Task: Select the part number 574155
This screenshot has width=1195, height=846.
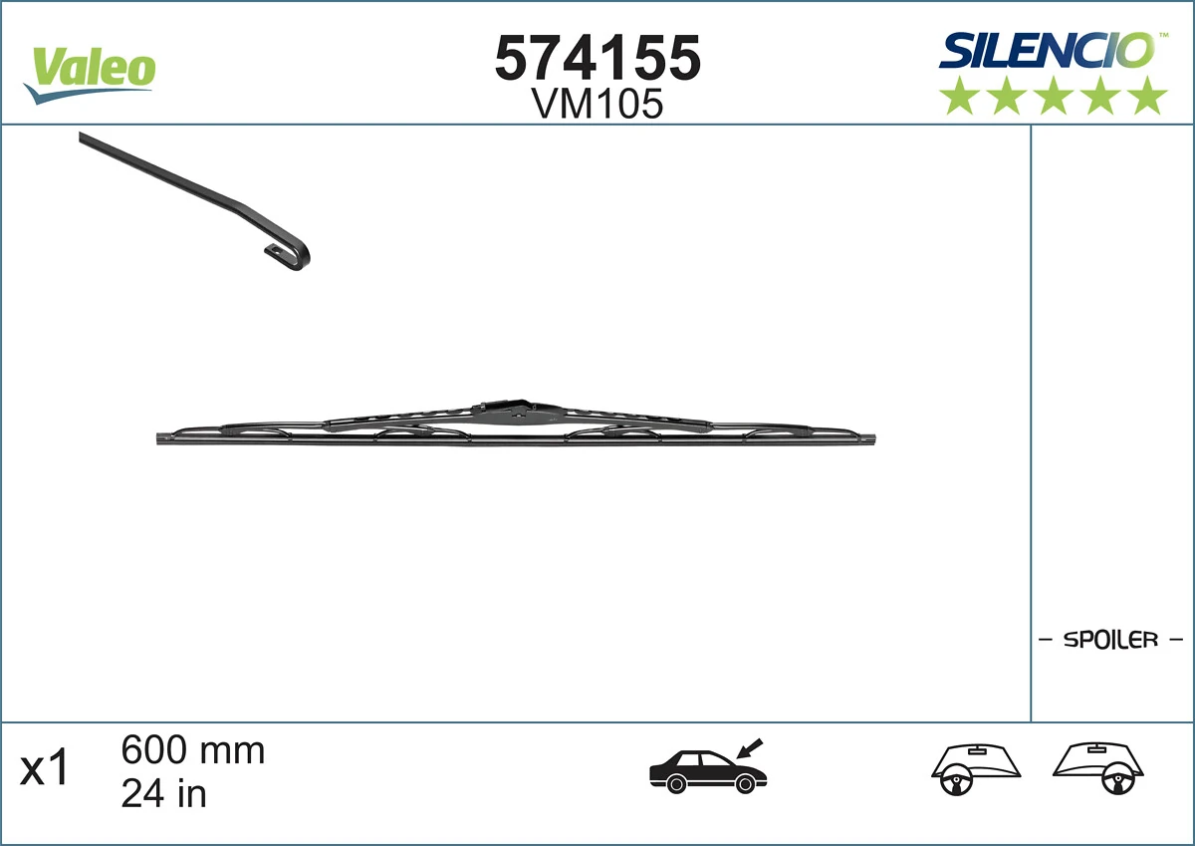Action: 597,57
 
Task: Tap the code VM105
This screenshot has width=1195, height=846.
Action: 597,104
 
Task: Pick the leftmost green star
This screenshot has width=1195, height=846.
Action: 959,96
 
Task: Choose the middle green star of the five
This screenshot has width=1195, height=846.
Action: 1054,96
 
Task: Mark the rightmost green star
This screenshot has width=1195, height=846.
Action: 1148,96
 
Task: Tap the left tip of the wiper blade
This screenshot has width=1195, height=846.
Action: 162,438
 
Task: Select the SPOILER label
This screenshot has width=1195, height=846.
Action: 1110,640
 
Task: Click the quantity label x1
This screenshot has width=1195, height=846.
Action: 46,769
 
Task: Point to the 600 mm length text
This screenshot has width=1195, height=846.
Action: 193,750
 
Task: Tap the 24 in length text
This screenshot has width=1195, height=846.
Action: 163,793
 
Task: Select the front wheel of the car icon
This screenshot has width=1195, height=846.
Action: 744,785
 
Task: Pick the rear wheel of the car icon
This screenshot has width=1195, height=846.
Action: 677,785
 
